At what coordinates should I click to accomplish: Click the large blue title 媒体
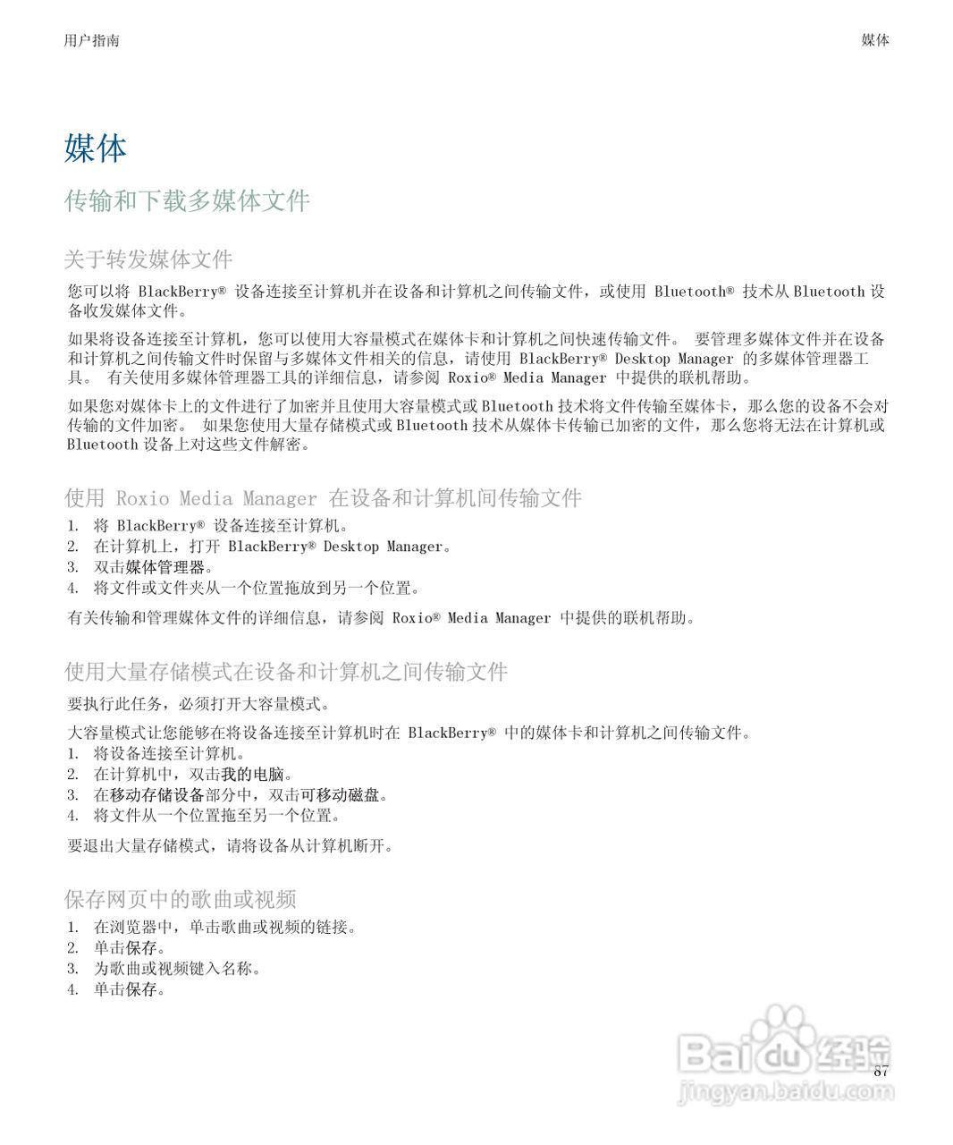(96, 148)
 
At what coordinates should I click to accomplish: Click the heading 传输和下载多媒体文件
(187, 201)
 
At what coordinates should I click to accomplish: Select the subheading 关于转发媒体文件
(148, 259)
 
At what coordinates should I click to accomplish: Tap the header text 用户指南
(91, 40)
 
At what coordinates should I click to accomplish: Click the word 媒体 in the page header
(874, 40)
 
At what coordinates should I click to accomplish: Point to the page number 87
(881, 1072)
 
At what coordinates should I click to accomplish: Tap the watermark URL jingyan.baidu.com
(787, 1092)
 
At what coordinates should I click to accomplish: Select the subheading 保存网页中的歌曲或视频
(181, 899)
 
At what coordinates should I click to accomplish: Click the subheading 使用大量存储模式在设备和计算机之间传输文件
(286, 672)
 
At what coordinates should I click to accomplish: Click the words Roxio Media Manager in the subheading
(216, 498)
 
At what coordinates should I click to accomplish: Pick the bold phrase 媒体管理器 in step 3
(165, 567)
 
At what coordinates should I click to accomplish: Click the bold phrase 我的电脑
(252, 775)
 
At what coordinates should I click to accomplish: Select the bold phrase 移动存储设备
(157, 795)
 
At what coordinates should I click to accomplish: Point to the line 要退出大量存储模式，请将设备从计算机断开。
(231, 845)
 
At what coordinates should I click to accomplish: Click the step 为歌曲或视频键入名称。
(177, 969)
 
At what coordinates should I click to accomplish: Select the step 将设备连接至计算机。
(169, 754)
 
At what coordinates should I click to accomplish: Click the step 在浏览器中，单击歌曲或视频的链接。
(225, 928)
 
